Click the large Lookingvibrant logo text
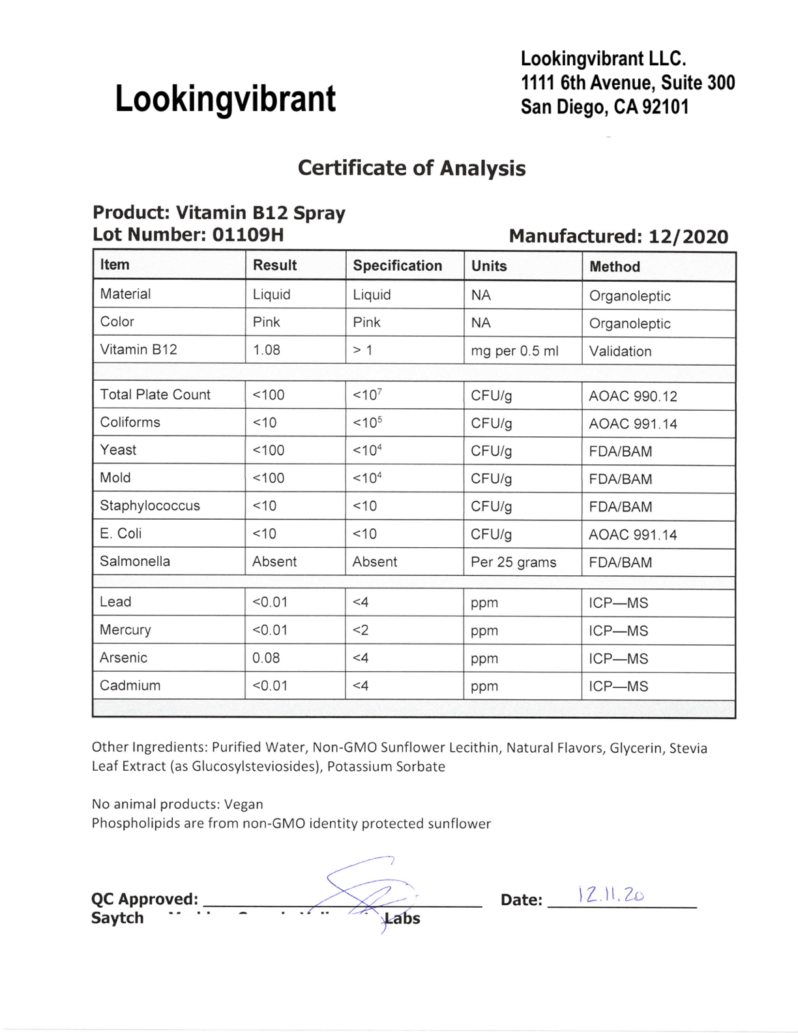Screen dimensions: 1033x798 225,99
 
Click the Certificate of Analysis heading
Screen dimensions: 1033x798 411,168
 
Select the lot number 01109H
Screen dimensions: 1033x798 248,235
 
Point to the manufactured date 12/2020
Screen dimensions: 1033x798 688,236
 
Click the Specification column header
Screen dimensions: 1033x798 397,265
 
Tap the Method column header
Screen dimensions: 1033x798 614,267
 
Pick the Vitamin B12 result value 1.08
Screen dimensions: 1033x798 267,350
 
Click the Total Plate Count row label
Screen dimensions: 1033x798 155,395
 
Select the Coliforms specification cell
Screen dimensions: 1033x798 367,423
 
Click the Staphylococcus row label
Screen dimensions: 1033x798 150,505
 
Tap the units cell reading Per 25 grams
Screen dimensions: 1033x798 514,562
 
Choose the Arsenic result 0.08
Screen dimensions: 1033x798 266,658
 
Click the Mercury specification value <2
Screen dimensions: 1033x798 361,631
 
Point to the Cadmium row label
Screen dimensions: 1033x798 130,685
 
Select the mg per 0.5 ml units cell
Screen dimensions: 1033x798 514,351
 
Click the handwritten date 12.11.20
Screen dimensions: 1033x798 611,895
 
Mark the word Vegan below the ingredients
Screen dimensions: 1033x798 244,804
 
